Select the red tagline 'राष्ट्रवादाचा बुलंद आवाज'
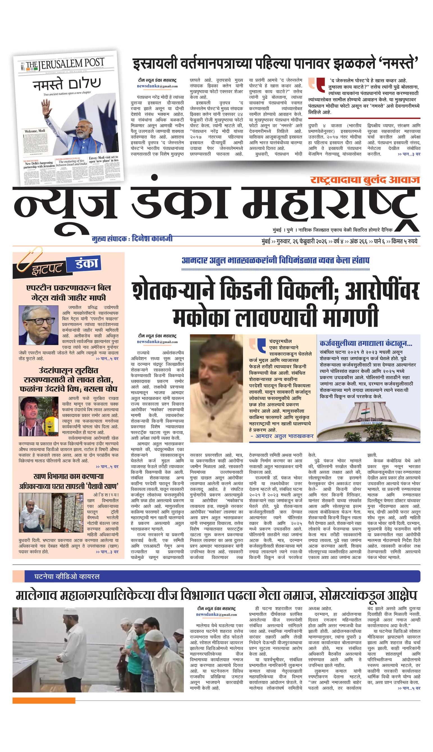[x=364, y=180]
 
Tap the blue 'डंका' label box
[x=82, y=264]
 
